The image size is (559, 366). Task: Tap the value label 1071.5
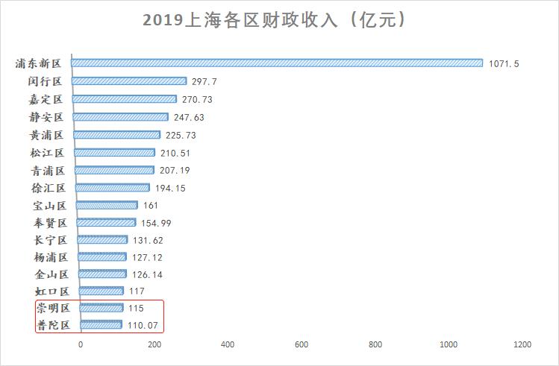click(x=504, y=64)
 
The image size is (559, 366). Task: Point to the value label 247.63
click(x=190, y=117)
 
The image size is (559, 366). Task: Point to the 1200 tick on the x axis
click(x=522, y=344)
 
